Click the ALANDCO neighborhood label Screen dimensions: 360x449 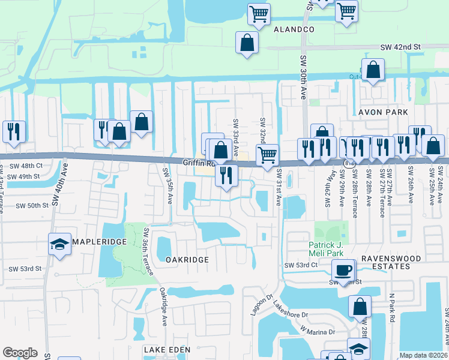point(294,29)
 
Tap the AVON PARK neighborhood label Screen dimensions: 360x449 point(383,112)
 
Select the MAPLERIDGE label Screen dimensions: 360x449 point(98,242)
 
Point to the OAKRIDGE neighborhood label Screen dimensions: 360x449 point(187,260)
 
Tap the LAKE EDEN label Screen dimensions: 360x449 point(167,349)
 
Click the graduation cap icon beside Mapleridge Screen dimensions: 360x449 point(59,244)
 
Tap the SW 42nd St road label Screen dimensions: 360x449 point(401,46)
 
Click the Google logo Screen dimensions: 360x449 point(20,353)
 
